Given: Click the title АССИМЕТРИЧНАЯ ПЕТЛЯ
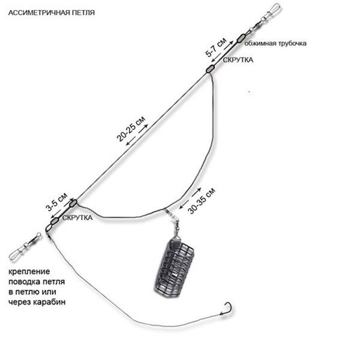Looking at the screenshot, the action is click(52, 13).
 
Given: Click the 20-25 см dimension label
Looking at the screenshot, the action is click(131, 129).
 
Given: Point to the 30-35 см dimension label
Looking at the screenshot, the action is click(202, 200).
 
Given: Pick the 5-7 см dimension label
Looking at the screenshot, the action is click(216, 47).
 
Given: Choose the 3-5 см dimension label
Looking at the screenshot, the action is click(56, 202).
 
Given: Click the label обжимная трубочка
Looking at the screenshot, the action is click(275, 43).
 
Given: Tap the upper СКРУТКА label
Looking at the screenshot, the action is click(238, 60).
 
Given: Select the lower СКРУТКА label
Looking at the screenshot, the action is click(77, 218).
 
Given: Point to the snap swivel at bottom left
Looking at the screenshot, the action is click(25, 247).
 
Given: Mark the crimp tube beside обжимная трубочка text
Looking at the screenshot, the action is click(241, 38).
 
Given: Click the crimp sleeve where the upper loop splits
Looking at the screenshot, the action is click(210, 69).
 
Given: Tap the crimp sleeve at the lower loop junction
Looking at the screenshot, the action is click(73, 203).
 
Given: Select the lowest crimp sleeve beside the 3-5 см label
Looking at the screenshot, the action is click(55, 221).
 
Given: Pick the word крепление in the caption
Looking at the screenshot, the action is click(29, 271).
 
